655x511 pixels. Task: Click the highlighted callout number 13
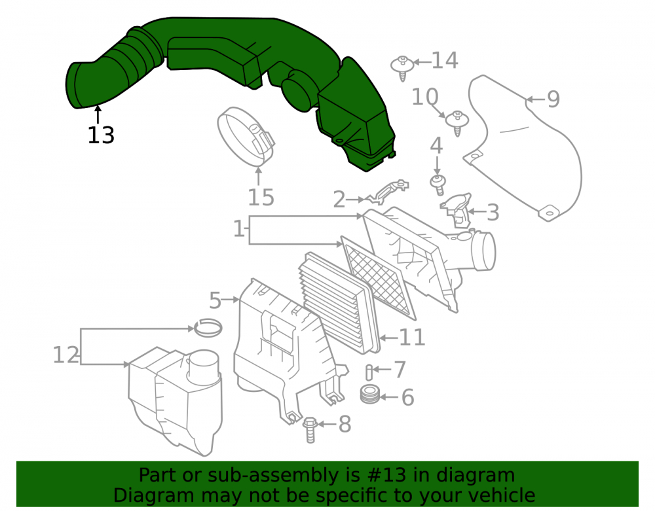tap(101, 135)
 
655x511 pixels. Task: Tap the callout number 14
tap(445, 60)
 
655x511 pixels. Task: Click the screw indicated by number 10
tap(457, 123)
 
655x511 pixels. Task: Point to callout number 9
tap(553, 99)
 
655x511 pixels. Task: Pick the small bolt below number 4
tap(438, 185)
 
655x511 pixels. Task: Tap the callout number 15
tap(261, 198)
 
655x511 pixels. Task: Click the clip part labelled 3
tap(456, 211)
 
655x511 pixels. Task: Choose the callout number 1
tap(238, 228)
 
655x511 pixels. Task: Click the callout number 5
tap(215, 300)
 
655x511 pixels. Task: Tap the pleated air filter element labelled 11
tap(339, 303)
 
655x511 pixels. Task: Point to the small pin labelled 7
tap(369, 372)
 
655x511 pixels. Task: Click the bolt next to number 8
tap(310, 430)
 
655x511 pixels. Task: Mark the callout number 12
tap(66, 355)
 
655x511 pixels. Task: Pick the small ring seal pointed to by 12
tap(208, 328)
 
